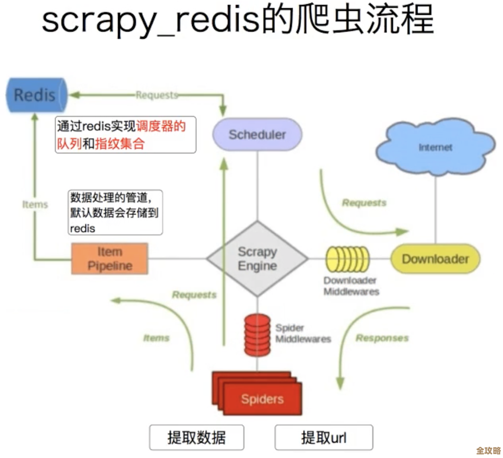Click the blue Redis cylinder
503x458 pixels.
[36, 95]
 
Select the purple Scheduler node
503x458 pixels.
[257, 134]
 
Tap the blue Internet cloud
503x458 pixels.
[435, 147]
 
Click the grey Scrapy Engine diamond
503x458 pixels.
[257, 259]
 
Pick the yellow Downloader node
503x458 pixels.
[435, 259]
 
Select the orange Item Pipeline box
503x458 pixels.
[110, 259]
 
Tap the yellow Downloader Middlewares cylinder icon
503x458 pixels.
[347, 259]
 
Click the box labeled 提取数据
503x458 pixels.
[197, 437]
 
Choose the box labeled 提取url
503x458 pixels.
[324, 437]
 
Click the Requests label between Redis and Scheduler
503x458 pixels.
[157, 95]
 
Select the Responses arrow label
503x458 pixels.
[382, 338]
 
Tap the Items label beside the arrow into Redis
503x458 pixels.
[35, 204]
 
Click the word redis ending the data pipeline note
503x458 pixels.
[82, 229]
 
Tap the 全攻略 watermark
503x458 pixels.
[488, 450]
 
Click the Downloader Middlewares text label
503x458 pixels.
[351, 286]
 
